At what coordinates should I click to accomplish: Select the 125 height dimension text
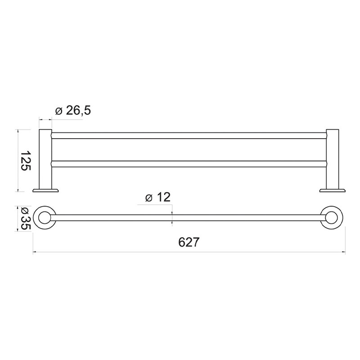26,161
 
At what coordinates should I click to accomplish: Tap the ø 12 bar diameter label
157,197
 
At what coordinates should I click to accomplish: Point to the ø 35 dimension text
26,218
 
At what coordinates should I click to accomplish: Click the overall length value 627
189,242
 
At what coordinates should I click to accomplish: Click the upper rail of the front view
189,135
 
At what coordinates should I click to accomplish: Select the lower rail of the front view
189,163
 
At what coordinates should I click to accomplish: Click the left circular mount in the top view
45,218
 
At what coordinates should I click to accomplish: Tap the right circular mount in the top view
333,218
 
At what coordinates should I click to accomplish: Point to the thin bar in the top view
189,218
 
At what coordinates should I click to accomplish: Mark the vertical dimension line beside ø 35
18,218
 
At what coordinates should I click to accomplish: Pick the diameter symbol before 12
148,198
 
